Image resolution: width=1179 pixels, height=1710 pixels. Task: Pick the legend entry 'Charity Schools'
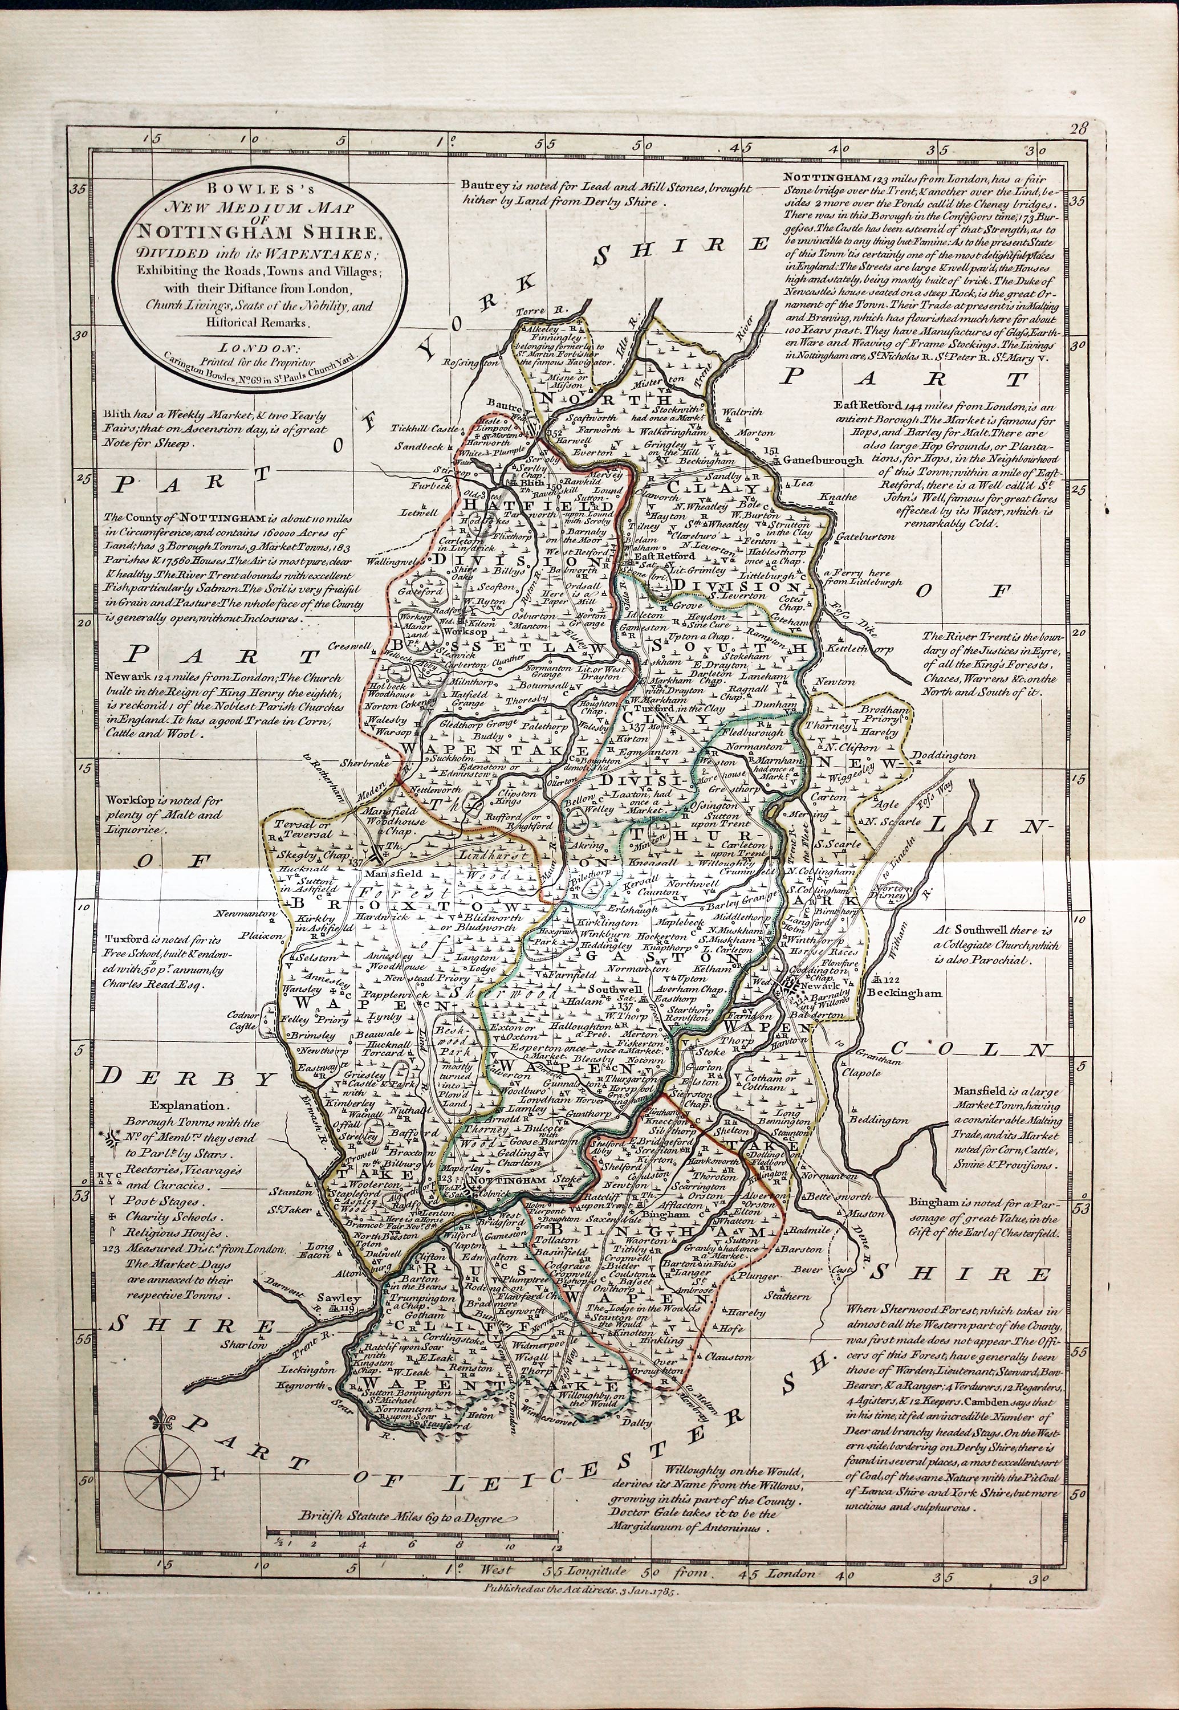pos(170,1217)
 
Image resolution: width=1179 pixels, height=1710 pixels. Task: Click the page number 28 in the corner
pos(1079,128)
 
